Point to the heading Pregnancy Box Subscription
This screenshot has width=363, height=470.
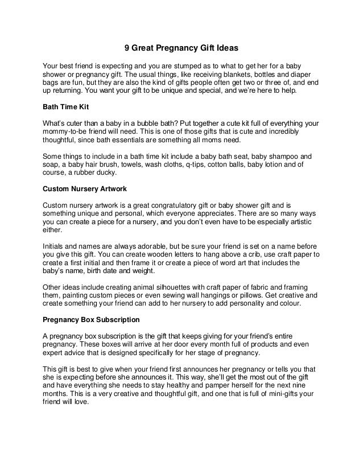pos(94,320)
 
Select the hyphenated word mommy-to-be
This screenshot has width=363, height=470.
pos(67,132)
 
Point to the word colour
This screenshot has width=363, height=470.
pos(288,304)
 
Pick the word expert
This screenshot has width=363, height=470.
pos(56,353)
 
